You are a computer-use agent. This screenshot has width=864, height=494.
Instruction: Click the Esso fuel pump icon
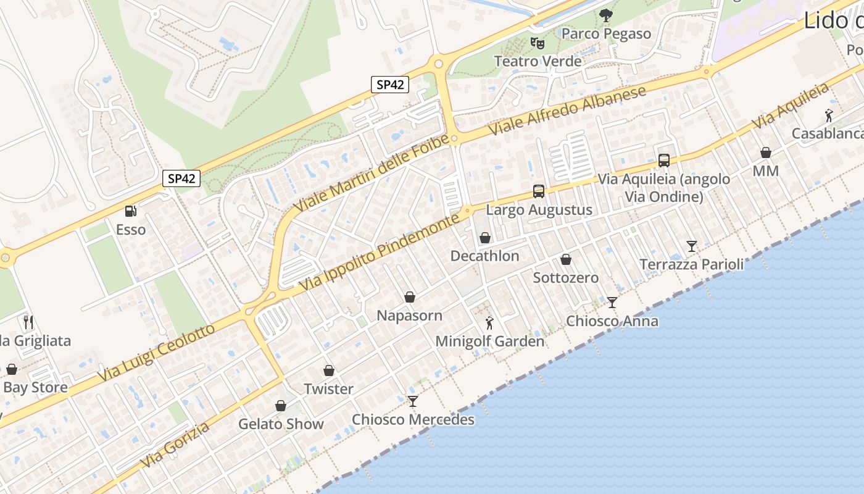coord(130,211)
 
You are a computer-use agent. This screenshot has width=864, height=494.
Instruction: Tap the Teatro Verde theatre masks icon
coord(538,43)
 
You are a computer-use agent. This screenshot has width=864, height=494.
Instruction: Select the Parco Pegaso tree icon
coord(606,15)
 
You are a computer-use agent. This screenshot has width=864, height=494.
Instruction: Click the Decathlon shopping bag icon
coord(485,238)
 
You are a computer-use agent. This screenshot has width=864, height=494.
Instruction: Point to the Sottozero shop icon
coord(566,259)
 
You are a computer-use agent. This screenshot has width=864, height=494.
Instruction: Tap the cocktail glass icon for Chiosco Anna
coord(612,302)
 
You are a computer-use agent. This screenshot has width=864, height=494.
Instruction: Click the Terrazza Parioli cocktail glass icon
coord(692,246)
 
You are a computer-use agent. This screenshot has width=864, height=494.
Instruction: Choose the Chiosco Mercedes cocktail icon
coord(413,401)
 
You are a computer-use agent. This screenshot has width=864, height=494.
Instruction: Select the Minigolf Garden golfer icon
coord(489,322)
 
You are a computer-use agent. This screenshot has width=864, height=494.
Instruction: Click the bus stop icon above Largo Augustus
coord(539,191)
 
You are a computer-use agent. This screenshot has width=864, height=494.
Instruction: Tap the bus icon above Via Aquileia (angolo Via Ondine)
coord(664,161)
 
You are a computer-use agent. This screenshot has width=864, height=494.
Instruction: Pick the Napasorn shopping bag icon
coord(409,297)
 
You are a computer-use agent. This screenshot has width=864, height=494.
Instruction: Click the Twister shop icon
coord(329,371)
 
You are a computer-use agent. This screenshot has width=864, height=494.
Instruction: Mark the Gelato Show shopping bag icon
coord(281,406)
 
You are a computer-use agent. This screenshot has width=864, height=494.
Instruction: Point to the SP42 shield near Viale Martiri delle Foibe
coord(390,85)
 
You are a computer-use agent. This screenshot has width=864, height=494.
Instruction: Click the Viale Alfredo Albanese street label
coord(567,111)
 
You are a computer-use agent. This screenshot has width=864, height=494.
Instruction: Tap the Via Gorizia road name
coord(175,445)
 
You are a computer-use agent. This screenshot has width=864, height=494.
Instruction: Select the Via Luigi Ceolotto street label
coord(157,351)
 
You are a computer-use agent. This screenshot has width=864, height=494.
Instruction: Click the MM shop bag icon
coord(766,153)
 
